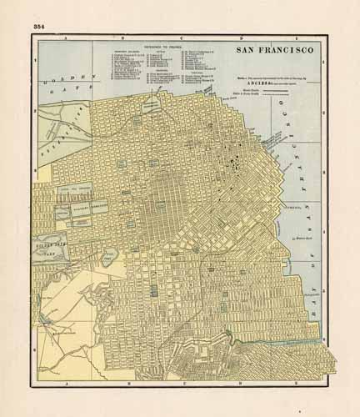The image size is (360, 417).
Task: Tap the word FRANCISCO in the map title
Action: point(287,50)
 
